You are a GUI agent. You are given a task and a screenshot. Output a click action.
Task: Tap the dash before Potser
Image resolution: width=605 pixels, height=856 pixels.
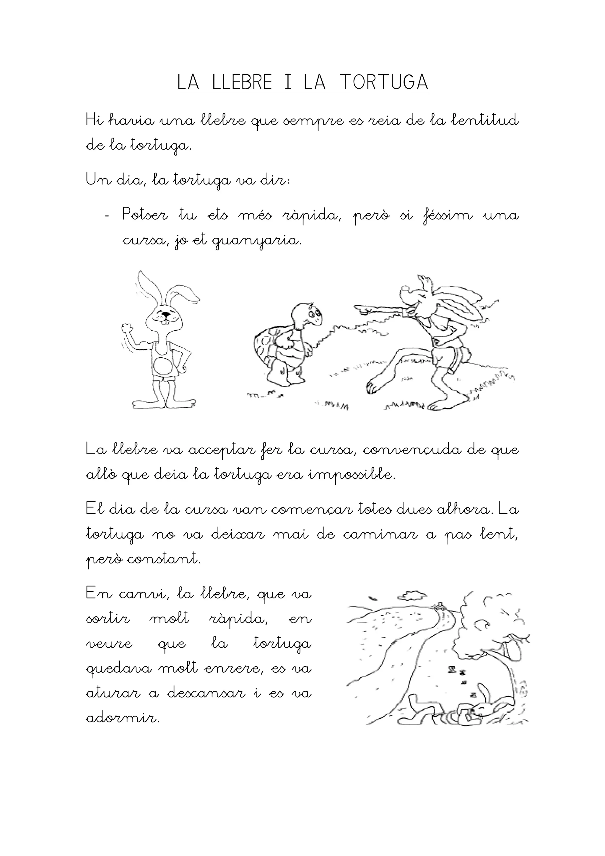pyautogui.click(x=108, y=217)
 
